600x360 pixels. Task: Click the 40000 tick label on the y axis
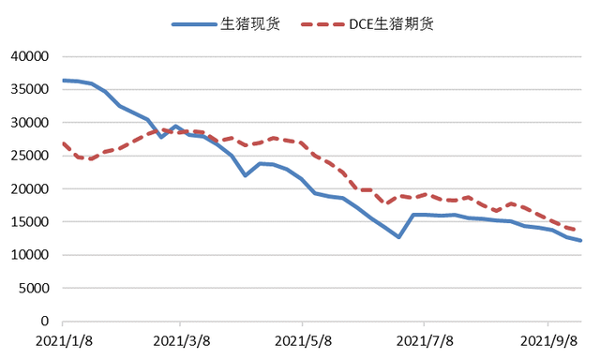[x=28, y=56]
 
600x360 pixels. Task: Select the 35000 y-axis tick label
[x=28, y=89]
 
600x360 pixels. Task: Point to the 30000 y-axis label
[x=28, y=123]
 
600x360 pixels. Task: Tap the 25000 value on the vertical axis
[x=28, y=156]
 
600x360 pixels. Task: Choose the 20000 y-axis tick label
[x=28, y=188]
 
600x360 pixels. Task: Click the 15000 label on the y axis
[x=28, y=222]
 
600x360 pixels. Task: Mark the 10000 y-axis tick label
[x=28, y=255]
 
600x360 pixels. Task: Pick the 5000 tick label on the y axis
[x=32, y=288]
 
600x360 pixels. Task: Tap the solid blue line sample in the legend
[x=194, y=23]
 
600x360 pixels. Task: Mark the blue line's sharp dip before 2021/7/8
[x=398, y=237]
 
